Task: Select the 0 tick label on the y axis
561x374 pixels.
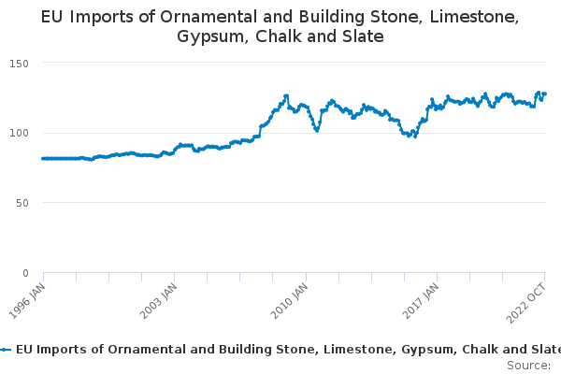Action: tap(26, 273)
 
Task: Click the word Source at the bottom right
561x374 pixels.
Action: tap(526, 365)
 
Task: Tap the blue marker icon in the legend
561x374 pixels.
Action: tap(6, 349)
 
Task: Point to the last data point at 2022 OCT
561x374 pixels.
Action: tap(545, 93)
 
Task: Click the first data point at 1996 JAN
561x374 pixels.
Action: tap(43, 158)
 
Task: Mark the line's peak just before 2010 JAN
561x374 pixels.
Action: tap(286, 95)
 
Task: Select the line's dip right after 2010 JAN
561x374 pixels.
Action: tap(317, 131)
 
